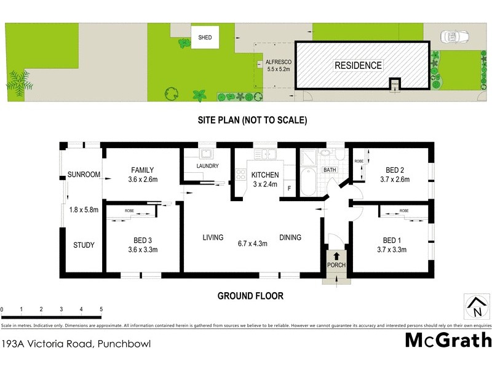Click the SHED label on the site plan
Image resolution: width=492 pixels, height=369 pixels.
[x=205, y=38]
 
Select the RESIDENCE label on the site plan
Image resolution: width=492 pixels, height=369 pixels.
[x=358, y=65]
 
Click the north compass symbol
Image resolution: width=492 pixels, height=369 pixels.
[x=475, y=306]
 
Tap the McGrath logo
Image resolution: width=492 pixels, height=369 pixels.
[x=448, y=339]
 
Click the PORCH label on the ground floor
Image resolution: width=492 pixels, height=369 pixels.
[x=336, y=265]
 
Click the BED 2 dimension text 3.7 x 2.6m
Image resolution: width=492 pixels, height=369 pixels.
[x=394, y=180]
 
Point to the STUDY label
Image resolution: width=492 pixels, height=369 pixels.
[x=84, y=245]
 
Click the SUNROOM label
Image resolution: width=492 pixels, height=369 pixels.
[x=84, y=175]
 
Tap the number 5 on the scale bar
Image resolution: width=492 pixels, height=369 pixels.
[x=101, y=309]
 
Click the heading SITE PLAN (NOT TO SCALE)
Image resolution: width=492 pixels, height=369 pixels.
[x=252, y=121]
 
